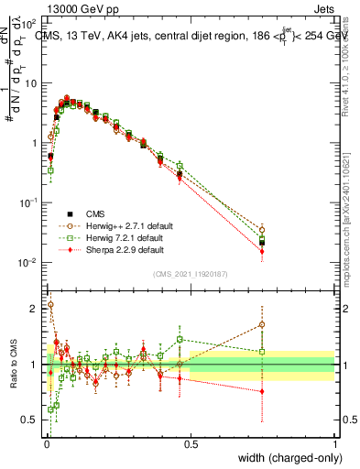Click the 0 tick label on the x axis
point(46,444)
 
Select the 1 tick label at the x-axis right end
point(335,444)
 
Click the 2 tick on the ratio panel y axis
point(36,309)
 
